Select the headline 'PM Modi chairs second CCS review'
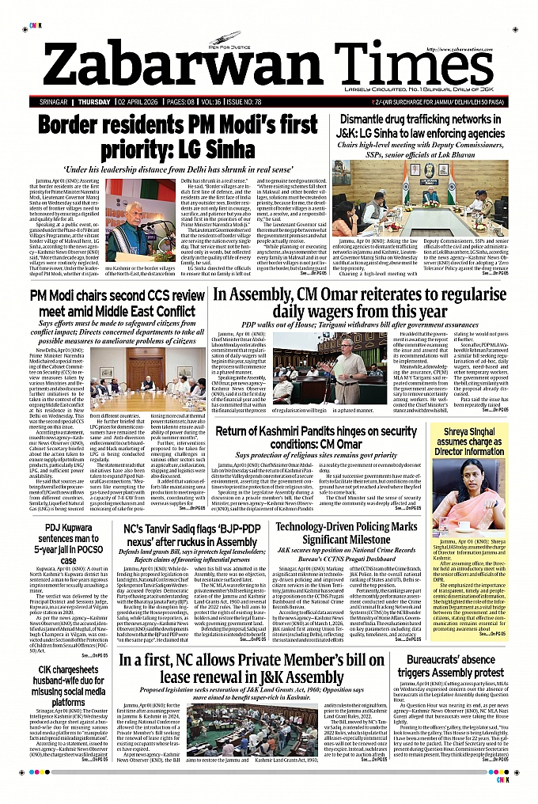point(116,303)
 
